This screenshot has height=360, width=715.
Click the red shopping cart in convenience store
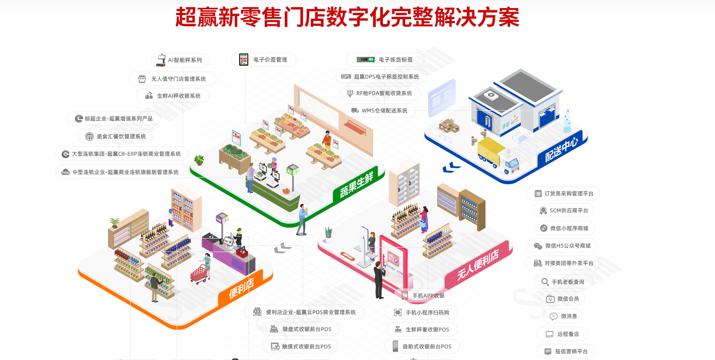tap(200, 273)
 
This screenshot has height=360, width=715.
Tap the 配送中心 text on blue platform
tap(561, 150)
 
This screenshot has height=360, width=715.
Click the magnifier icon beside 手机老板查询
tap(545, 282)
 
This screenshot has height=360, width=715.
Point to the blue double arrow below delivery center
tap(451, 167)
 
